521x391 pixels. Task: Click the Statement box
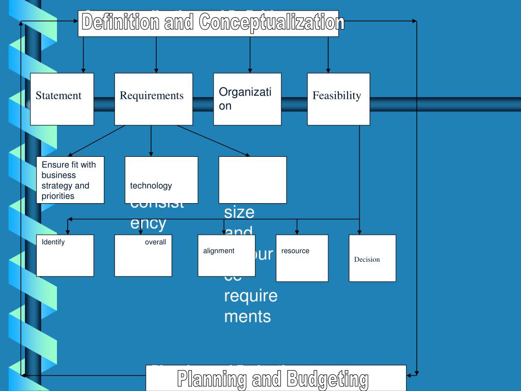pos(62,99)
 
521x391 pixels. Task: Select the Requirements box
pos(153,99)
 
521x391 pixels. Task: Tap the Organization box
pos(247,99)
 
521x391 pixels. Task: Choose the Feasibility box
pos(338,99)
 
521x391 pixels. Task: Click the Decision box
pos(372,258)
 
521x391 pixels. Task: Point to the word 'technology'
pos(151,186)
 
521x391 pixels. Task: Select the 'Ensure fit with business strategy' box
pos(70,180)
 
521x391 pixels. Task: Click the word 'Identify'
pos(53,242)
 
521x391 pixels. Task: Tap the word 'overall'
pos(155,242)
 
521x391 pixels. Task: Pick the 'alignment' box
pos(226,256)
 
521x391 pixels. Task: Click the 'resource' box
pos(302,258)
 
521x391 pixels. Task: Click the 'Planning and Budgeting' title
pos(273,379)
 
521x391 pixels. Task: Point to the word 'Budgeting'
pos(327,379)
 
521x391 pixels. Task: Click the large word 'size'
pos(239,212)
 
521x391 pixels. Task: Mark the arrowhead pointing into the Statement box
pos(83,70)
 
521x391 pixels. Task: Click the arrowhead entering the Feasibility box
pos(328,70)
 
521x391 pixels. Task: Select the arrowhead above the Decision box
pos(360,232)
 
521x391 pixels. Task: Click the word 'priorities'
pos(58,196)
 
